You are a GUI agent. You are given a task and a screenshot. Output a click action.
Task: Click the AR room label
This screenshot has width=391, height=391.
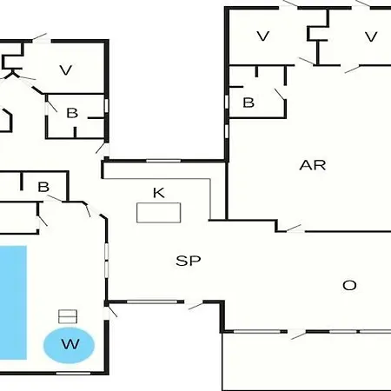[x=313, y=165]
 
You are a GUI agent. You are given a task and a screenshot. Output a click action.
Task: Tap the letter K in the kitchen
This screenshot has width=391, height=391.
[x=159, y=193]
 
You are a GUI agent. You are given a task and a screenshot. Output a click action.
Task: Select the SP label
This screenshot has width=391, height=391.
[x=189, y=261]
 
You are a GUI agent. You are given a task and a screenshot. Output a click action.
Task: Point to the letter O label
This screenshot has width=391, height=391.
[x=349, y=286]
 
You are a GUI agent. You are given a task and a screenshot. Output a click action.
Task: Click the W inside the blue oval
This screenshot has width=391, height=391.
[x=70, y=344]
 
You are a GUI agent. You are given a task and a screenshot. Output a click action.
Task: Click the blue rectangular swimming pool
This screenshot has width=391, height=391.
[x=13, y=302]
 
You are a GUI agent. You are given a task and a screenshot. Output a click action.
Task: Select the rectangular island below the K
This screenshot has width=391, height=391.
[x=159, y=213]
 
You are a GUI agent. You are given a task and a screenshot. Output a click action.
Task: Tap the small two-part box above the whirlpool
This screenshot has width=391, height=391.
[x=68, y=316]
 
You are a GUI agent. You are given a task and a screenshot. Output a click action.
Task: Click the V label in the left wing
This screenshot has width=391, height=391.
[x=66, y=70]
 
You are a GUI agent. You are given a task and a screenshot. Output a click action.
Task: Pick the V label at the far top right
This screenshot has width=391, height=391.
[x=371, y=36]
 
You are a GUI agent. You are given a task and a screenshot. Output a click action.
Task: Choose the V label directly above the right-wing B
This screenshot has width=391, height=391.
[x=263, y=36]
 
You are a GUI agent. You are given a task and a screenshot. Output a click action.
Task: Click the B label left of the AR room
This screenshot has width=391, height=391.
[x=249, y=103]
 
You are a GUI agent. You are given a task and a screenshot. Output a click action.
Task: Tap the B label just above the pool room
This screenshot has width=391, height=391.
[x=43, y=187]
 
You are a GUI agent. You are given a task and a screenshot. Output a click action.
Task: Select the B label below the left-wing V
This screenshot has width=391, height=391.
[x=72, y=113]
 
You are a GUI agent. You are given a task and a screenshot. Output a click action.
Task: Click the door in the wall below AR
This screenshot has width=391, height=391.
[x=295, y=229]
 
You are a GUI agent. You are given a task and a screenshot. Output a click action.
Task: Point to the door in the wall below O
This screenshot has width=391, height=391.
[x=298, y=334]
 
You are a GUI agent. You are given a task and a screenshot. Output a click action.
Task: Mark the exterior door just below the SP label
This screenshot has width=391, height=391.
[x=195, y=305]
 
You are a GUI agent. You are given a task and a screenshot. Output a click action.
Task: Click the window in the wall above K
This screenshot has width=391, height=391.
[x=163, y=161]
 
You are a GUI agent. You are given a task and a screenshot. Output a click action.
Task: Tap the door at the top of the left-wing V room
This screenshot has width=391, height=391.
[x=41, y=37]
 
